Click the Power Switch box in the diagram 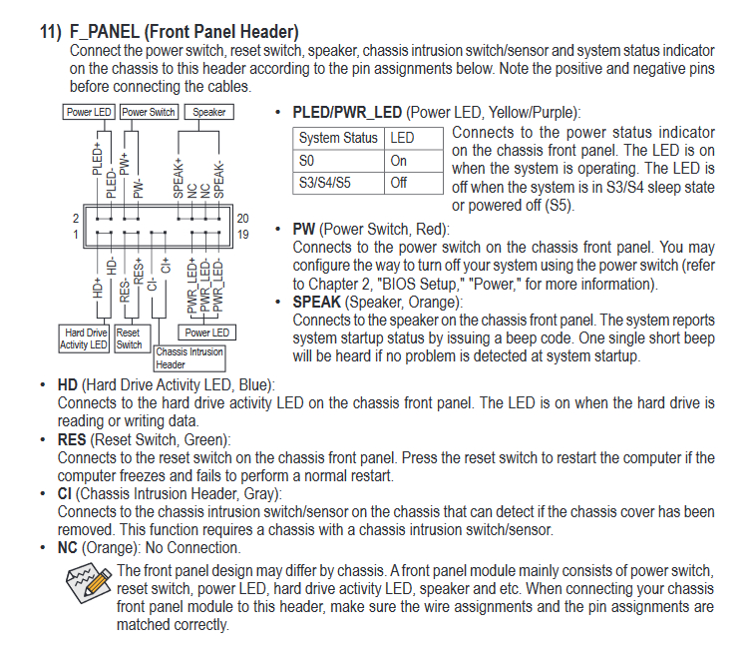click(x=149, y=112)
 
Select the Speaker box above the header click(x=208, y=112)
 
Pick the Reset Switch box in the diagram click(x=129, y=338)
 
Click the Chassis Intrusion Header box click(x=189, y=357)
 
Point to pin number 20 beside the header click(x=242, y=219)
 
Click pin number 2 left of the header click(x=75, y=219)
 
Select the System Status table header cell click(x=338, y=138)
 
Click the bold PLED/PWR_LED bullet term click(x=346, y=113)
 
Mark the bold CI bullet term click(x=66, y=493)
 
